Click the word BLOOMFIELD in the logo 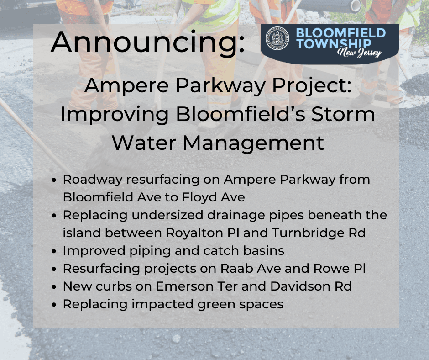point(340,33)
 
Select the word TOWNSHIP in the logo point(334,43)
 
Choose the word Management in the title point(253,143)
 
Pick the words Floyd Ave point(214,197)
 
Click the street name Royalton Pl point(203,233)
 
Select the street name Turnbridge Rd point(319,233)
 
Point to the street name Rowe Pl point(340,269)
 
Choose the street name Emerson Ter point(197,286)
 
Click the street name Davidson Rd point(311,286)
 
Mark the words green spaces point(240,304)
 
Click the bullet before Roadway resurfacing point(54,180)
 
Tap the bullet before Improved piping point(54,251)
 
